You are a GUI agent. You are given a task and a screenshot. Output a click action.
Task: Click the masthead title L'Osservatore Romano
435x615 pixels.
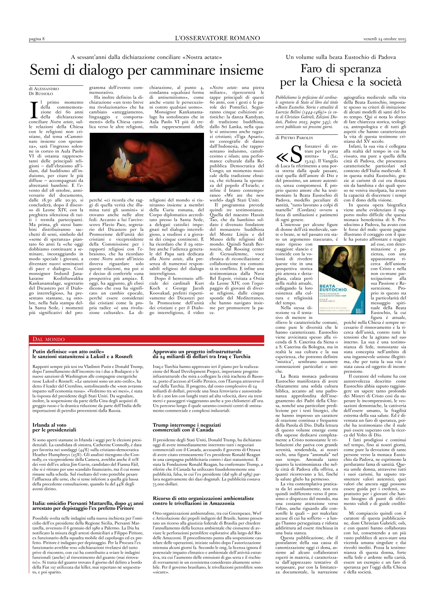pos(217,38)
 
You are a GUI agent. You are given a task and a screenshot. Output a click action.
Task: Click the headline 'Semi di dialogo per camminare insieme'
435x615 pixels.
pos(146,70)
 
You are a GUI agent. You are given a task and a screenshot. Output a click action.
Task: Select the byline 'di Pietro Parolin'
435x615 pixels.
pos(294,138)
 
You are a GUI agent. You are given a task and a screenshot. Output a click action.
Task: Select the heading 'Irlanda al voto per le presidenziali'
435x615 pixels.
pos(54,427)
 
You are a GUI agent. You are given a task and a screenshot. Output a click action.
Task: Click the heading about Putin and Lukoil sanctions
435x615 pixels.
pos(83,354)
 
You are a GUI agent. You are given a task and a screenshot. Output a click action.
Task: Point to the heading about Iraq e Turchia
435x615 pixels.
pos(202,354)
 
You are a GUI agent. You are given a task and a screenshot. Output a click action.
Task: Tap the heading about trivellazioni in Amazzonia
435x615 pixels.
pos(203,500)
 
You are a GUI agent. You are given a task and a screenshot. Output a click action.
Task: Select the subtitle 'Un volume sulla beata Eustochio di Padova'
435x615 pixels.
pos(341,57)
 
